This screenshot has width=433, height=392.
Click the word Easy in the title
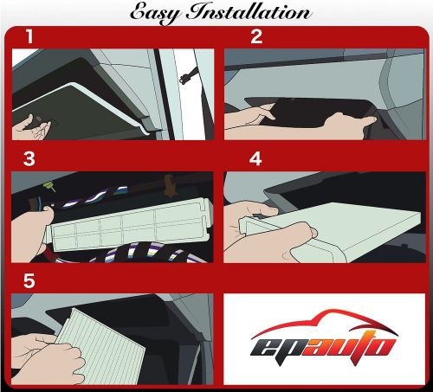point(158,12)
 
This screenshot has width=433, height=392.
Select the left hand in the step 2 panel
point(250,116)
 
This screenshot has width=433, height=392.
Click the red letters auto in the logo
point(356,350)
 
